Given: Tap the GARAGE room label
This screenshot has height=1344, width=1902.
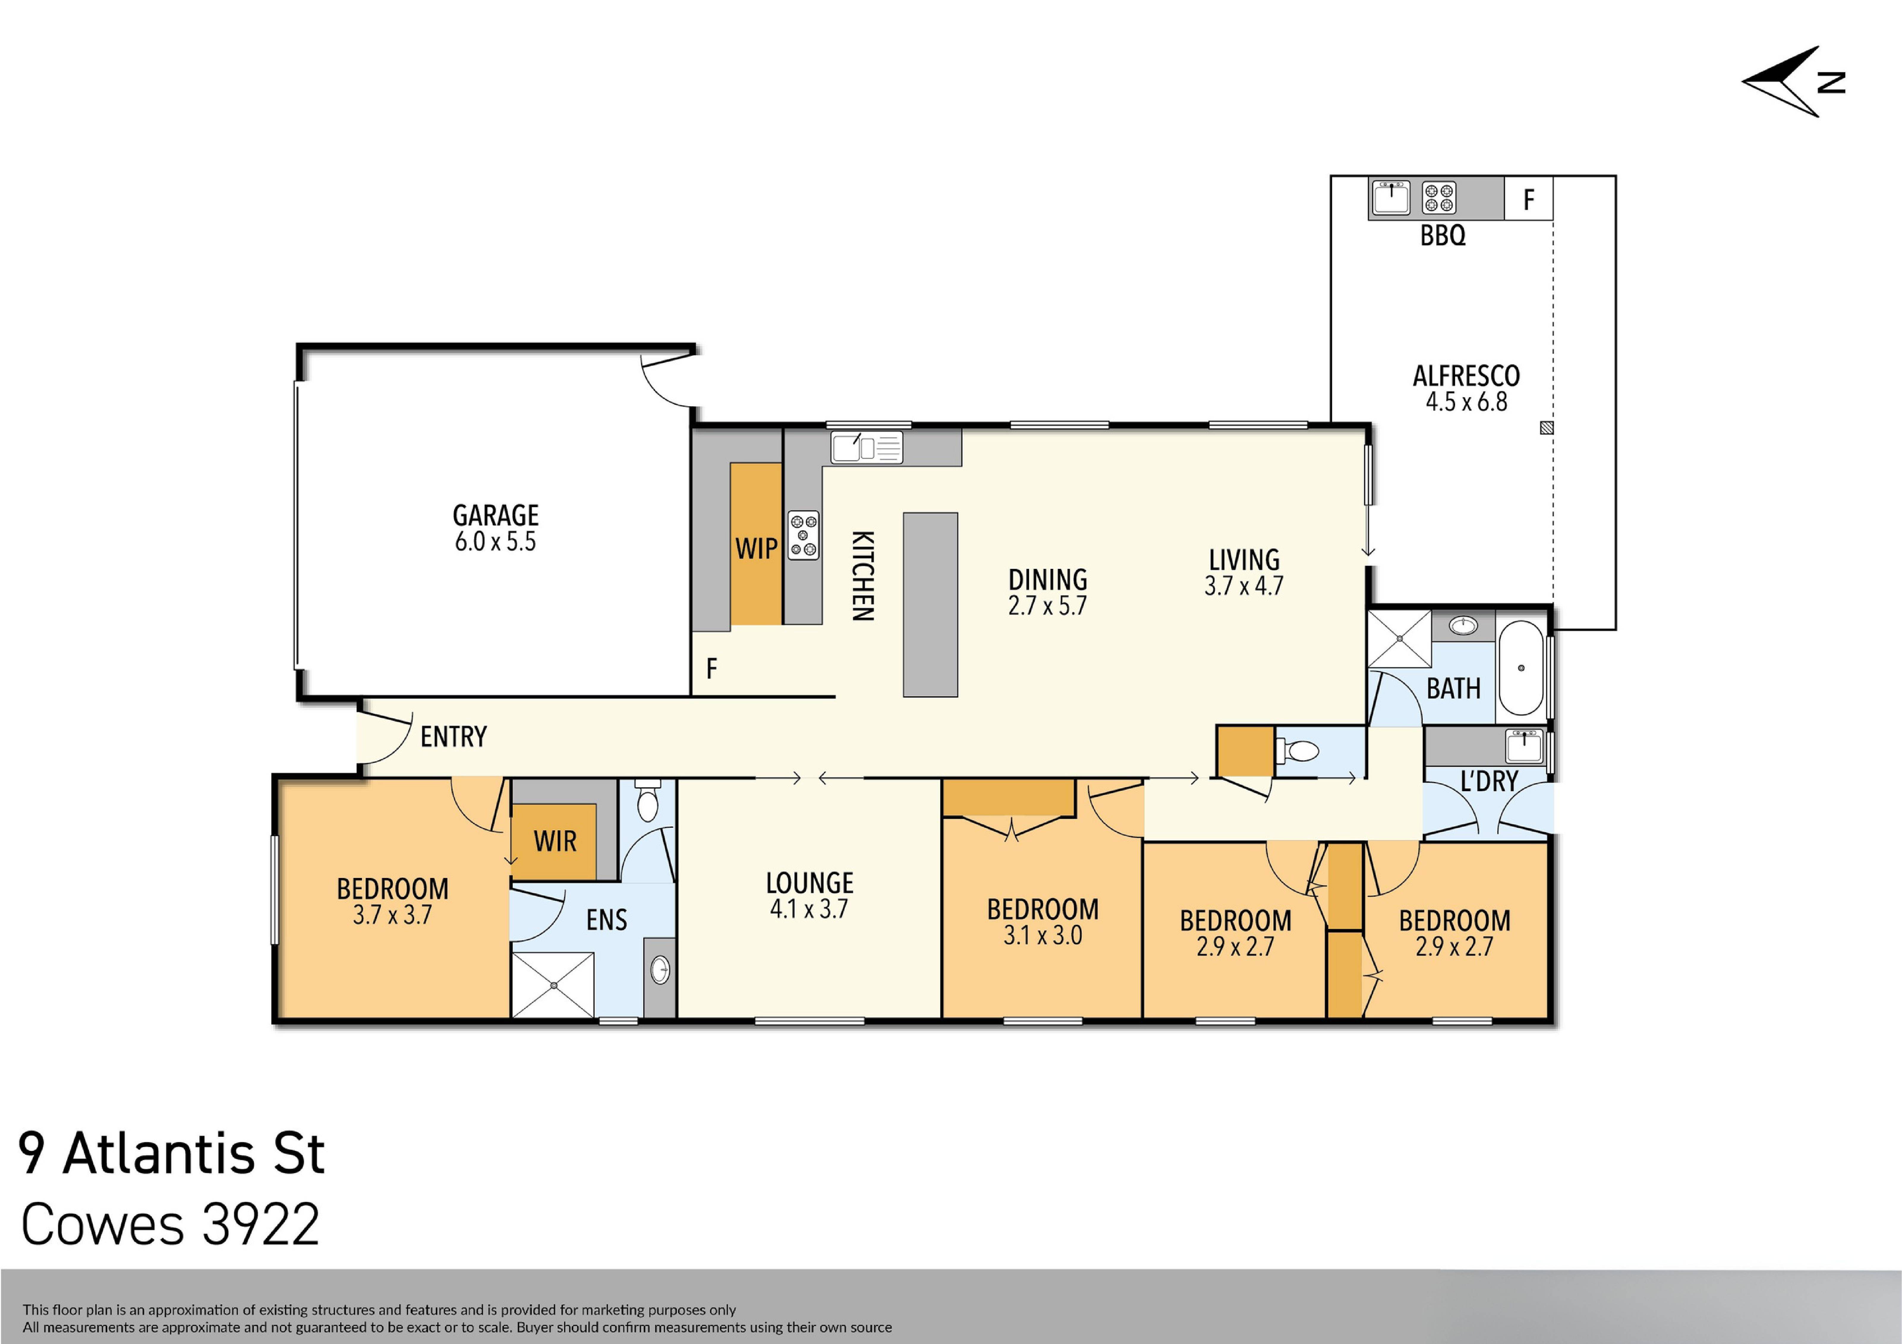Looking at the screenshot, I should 495,515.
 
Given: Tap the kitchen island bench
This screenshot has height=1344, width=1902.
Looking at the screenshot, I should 930,605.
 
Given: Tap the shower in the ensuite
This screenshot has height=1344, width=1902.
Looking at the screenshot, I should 552,985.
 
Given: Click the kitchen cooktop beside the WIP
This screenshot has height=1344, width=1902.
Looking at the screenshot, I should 803,535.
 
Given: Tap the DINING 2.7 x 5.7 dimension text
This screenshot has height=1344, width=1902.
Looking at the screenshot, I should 1047,606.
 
